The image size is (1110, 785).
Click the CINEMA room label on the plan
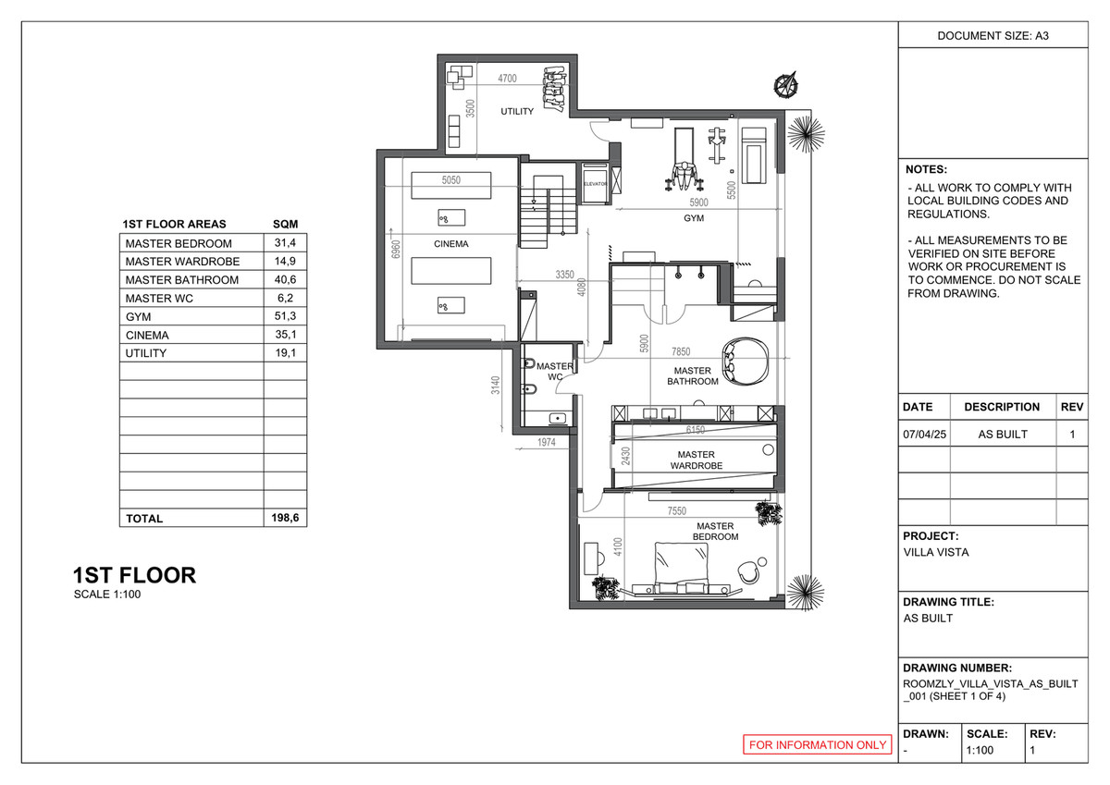(x=450, y=244)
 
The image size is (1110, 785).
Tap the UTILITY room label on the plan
(x=517, y=112)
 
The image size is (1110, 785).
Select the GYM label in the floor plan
(x=694, y=219)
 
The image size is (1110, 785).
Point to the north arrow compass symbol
(x=786, y=85)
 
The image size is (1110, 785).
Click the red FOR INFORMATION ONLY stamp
(x=818, y=744)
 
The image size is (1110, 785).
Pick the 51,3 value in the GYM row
(x=285, y=316)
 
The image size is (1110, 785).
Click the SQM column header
(x=285, y=224)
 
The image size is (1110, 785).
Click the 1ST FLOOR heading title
(x=134, y=575)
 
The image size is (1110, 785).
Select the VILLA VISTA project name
(x=936, y=553)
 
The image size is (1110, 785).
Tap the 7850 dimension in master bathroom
(x=681, y=351)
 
